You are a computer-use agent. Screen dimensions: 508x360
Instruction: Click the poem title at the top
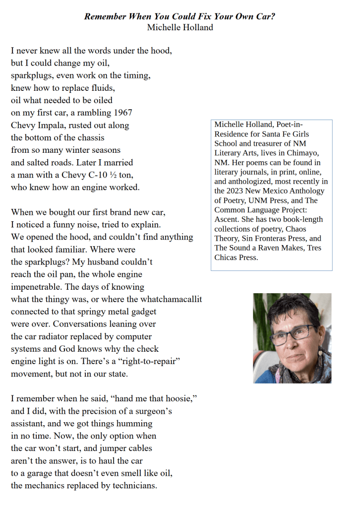point(180,16)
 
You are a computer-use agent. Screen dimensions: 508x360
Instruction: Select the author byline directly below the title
point(180,27)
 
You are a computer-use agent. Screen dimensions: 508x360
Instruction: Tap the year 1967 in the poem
point(122,113)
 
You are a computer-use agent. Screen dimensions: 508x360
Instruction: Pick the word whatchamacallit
point(171,299)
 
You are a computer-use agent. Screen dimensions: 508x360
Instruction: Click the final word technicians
point(131,486)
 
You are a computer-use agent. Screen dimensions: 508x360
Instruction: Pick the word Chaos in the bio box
point(296,229)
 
